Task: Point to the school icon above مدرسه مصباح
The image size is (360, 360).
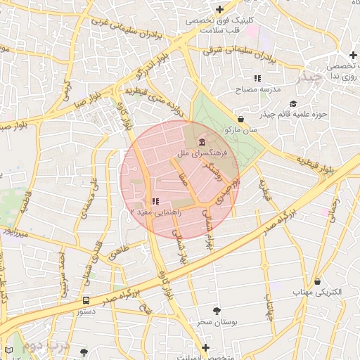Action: point(258,77)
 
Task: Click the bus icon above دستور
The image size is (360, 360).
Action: point(86,299)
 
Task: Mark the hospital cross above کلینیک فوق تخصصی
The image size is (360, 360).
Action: point(221,10)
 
